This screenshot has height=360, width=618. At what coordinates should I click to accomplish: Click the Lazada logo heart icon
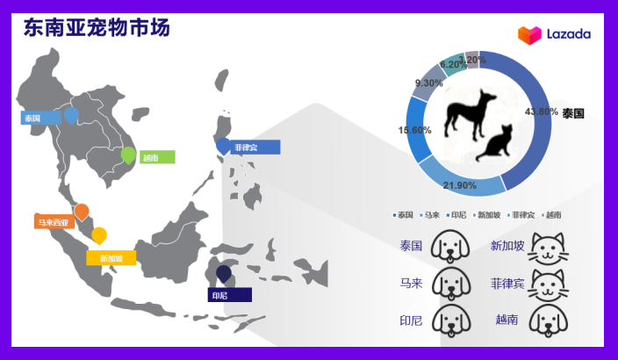[529, 35]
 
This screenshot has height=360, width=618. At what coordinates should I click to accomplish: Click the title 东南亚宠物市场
[96, 27]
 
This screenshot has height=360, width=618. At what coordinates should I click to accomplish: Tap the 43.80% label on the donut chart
[542, 112]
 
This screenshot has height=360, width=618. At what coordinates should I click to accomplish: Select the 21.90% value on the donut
[459, 185]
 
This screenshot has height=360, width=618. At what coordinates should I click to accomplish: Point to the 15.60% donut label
[414, 130]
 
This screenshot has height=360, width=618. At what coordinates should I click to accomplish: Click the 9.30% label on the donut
[428, 83]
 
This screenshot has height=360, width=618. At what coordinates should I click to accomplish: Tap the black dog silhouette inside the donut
[468, 111]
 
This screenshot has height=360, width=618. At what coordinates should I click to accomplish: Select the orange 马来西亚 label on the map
[54, 223]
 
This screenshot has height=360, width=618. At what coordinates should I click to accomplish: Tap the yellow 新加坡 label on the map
[111, 258]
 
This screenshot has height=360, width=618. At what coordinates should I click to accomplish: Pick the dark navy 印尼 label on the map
[229, 295]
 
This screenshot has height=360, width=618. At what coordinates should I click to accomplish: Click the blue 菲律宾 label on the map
[254, 147]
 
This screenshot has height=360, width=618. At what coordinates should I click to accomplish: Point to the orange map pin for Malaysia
[82, 212]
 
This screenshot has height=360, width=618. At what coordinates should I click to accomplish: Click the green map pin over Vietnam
[128, 155]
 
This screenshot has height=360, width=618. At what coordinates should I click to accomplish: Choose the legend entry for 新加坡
[488, 215]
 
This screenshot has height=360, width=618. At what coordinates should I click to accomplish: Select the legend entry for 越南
[552, 215]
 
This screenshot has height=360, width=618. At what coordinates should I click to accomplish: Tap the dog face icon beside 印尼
[451, 320]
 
